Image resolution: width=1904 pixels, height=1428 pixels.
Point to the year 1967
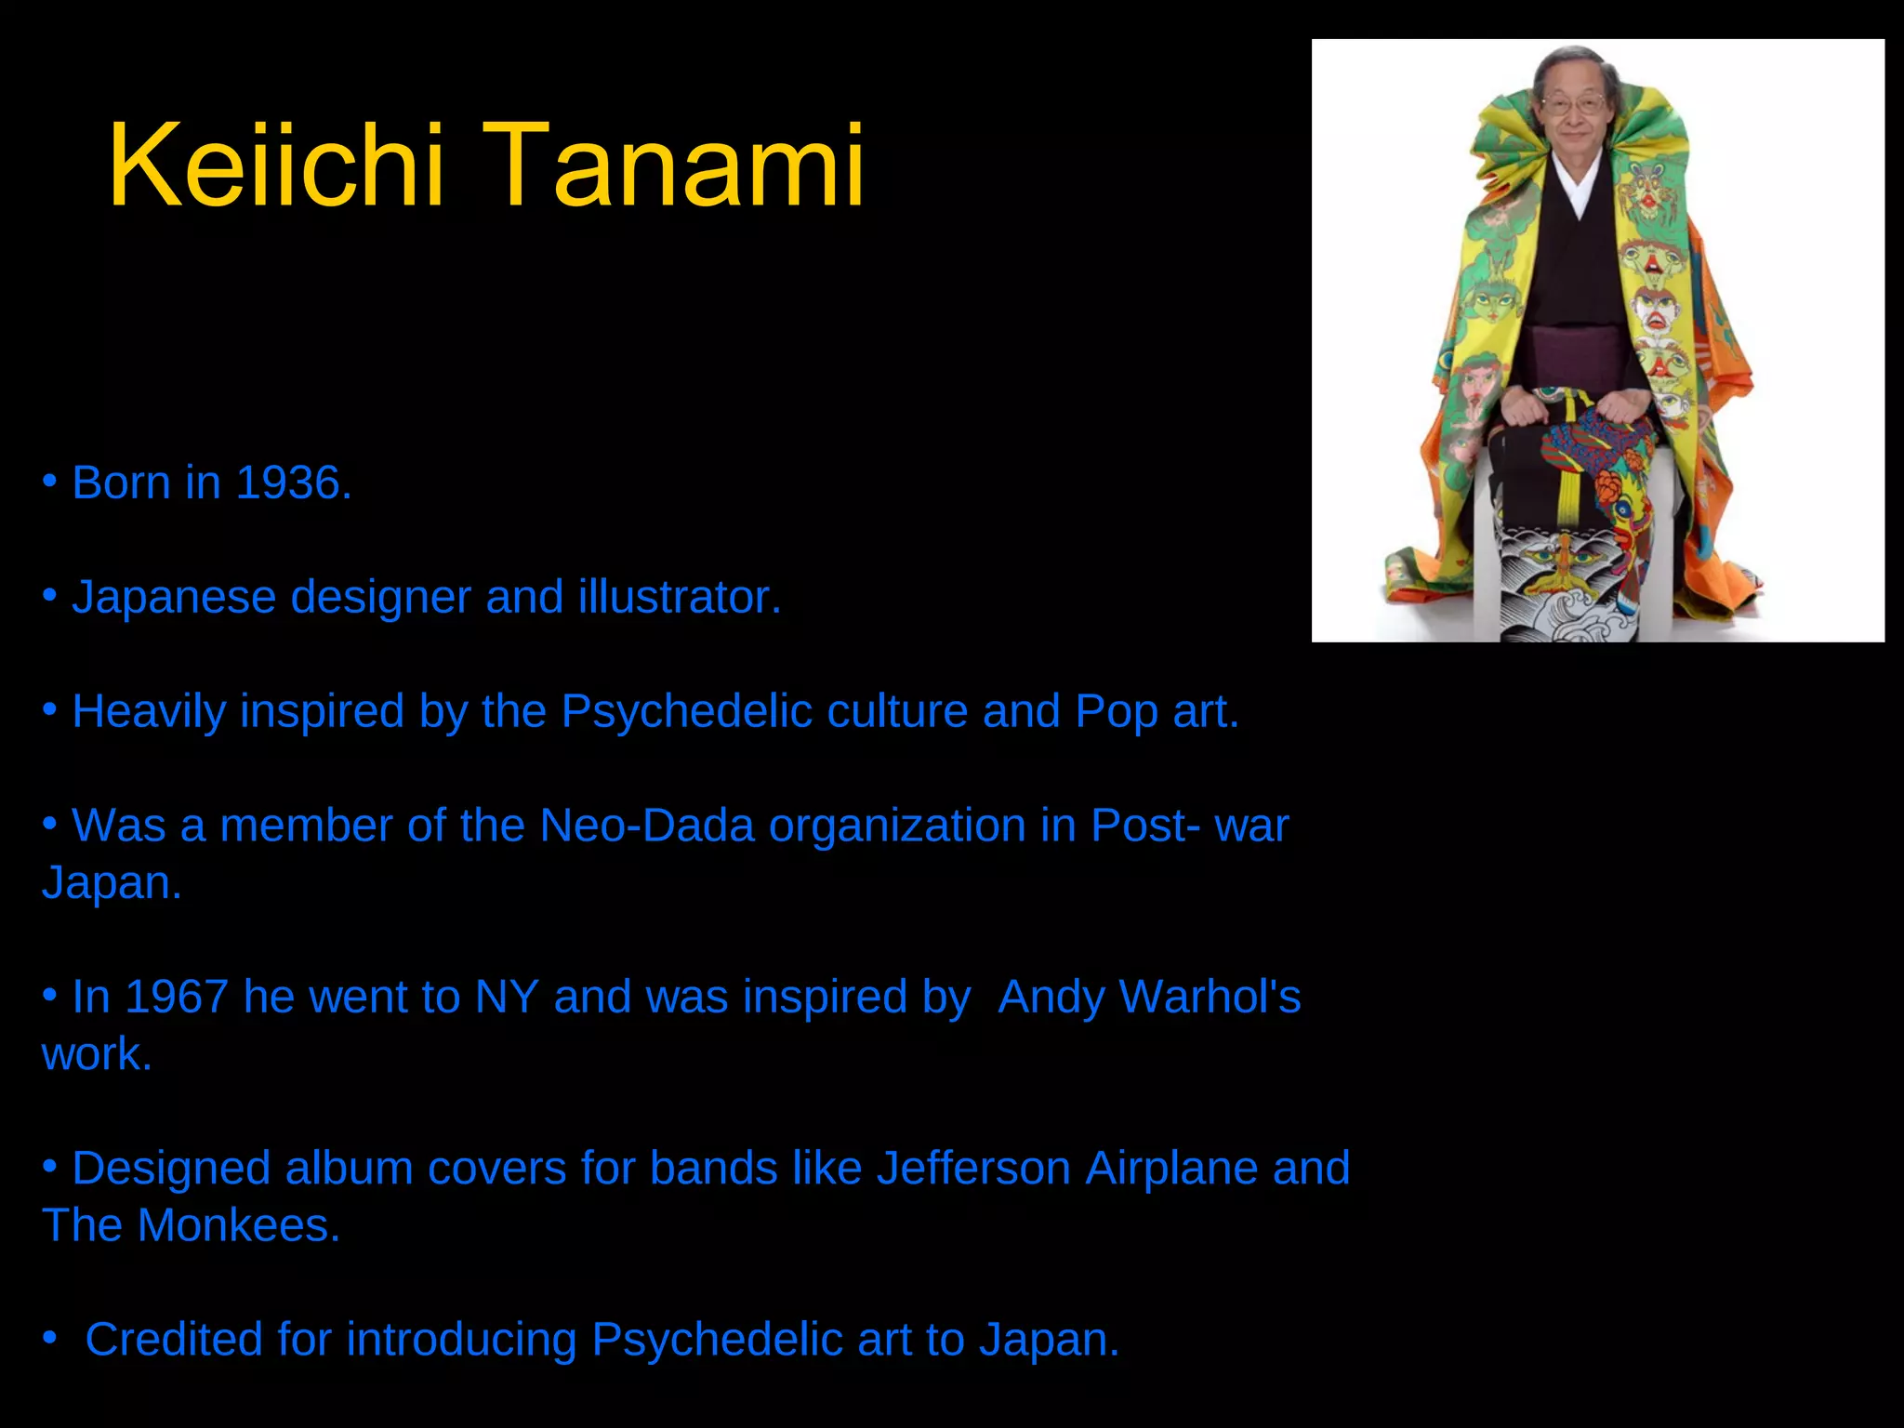(x=177, y=998)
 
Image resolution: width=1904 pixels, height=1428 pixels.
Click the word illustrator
(x=679, y=598)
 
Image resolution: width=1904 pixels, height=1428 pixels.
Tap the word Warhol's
(x=1210, y=998)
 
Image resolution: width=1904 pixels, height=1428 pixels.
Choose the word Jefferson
(x=973, y=1169)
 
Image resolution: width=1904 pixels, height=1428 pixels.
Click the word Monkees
(x=238, y=1226)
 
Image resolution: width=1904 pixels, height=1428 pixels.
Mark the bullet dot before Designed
(x=50, y=1166)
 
